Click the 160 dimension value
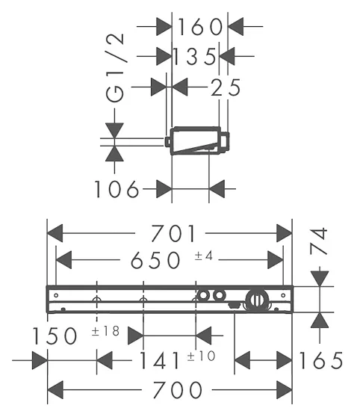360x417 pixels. (200, 27)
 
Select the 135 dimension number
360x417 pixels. (194, 56)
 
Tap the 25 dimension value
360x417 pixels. (226, 87)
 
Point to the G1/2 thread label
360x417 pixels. (115, 68)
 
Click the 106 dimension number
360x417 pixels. (117, 189)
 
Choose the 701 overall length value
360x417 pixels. (173, 233)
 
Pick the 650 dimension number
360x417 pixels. (155, 260)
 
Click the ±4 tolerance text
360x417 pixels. (204, 256)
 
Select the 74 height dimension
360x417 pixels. (318, 241)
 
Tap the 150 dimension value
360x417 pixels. (55, 336)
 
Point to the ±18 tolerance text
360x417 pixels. (105, 331)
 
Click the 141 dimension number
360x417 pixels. (160, 360)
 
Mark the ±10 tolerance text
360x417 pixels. (201, 356)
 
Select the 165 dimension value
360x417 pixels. (321, 360)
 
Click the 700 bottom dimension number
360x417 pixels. (178, 389)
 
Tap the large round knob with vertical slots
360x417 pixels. (257, 300)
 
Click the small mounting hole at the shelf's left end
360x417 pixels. (56, 295)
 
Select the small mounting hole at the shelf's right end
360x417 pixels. (283, 295)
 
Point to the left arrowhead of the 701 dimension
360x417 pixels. (55, 233)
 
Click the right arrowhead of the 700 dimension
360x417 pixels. (285, 389)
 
